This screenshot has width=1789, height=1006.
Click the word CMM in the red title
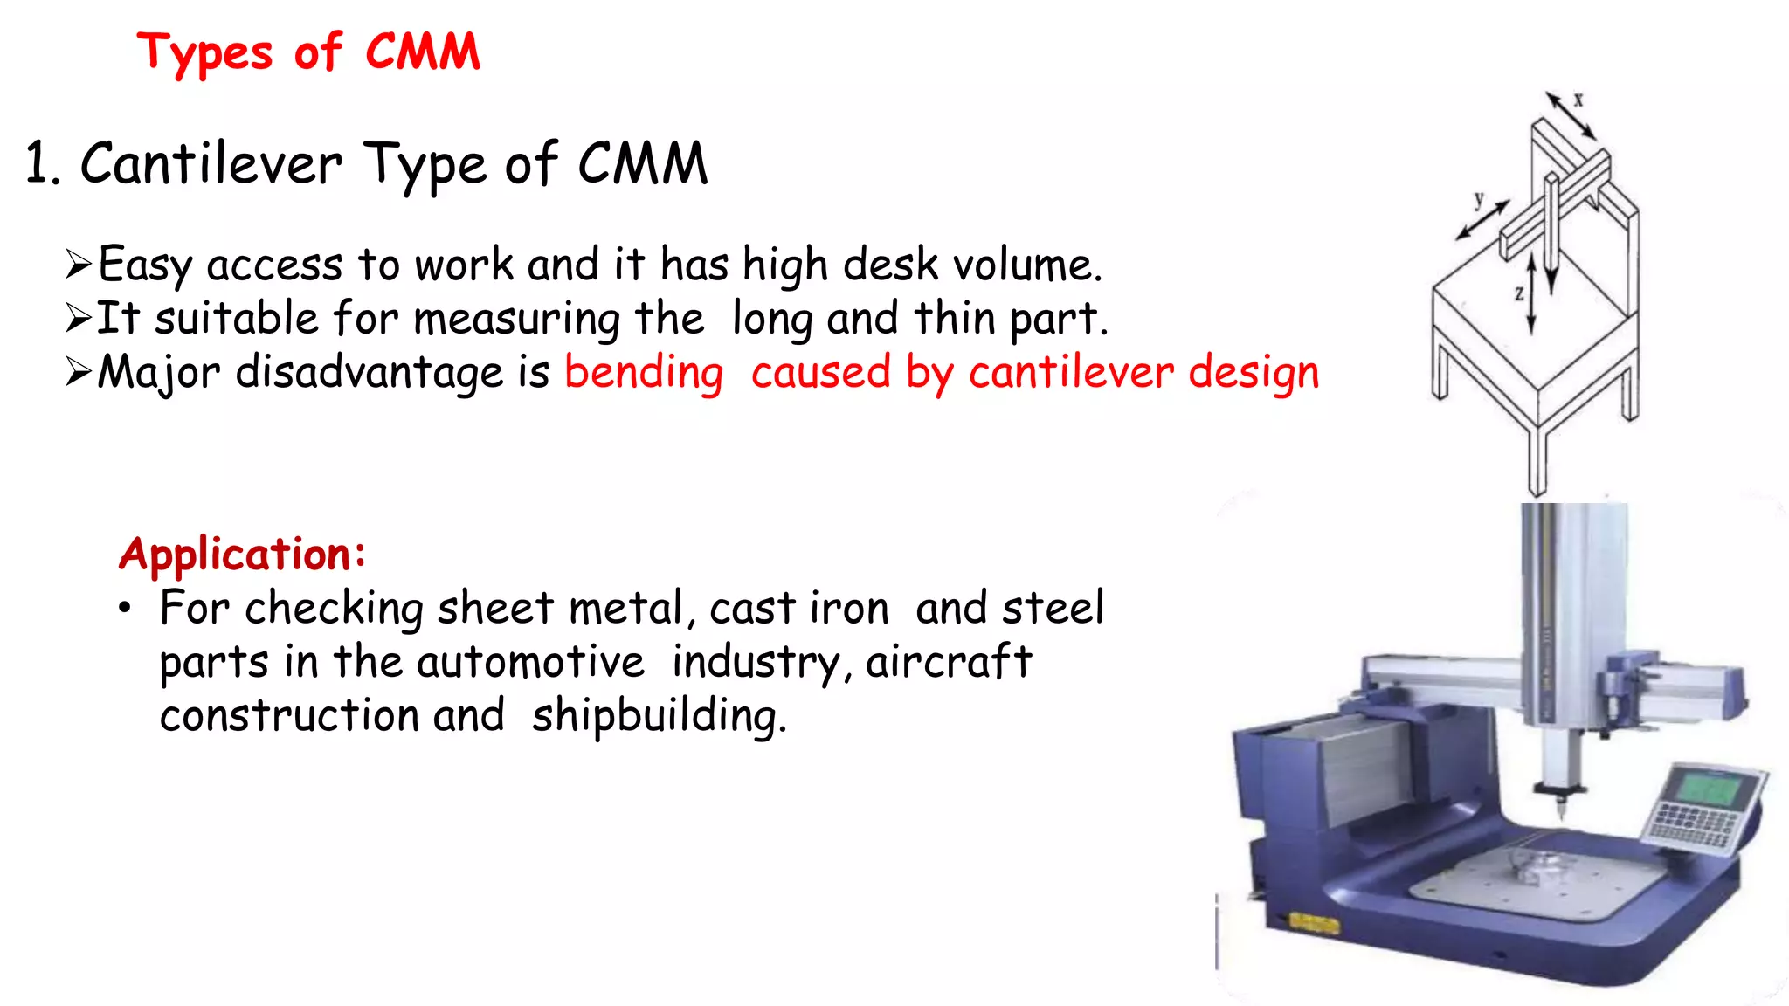point(423,52)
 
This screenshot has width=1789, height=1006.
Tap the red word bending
point(644,373)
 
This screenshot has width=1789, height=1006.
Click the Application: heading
point(242,554)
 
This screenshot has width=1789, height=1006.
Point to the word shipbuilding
point(658,716)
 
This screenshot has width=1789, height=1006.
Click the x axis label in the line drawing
point(1578,100)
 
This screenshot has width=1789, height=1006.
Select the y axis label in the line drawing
point(1479,200)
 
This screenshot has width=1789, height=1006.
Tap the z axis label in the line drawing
point(1519,293)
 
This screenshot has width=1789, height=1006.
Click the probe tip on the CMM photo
point(1562,817)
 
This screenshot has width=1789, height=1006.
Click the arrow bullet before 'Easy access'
point(79,264)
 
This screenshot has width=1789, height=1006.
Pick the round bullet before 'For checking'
point(126,609)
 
